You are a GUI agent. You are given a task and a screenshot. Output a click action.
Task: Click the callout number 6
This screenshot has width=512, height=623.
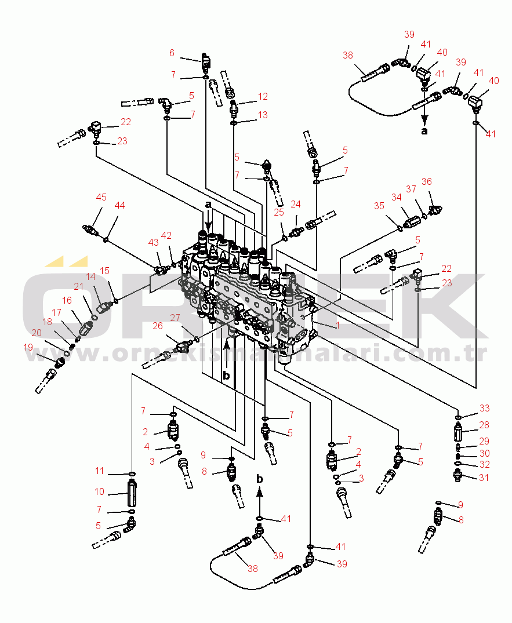(172, 53)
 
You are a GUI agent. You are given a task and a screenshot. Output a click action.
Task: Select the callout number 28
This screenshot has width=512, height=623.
(484, 425)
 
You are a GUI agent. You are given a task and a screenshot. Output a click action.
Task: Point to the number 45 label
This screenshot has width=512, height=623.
(101, 197)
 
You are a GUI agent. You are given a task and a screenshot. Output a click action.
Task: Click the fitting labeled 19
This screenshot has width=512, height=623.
(59, 363)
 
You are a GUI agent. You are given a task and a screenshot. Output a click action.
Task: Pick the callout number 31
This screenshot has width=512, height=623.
(484, 478)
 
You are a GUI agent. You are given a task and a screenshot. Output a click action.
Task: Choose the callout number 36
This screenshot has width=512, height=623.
(427, 182)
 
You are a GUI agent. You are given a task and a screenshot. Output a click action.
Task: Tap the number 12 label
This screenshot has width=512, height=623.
(263, 96)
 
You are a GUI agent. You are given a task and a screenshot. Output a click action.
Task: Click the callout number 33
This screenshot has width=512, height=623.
(484, 408)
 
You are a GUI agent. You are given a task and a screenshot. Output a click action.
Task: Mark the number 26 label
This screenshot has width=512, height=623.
(158, 326)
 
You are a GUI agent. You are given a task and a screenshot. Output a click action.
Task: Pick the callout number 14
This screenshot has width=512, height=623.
(91, 277)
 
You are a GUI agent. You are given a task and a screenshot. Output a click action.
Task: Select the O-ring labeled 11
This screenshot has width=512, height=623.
(132, 474)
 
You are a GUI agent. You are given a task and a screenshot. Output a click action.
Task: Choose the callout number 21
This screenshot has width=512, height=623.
(79, 286)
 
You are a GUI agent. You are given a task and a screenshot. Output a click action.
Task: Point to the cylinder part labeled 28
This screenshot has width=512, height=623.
(458, 432)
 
